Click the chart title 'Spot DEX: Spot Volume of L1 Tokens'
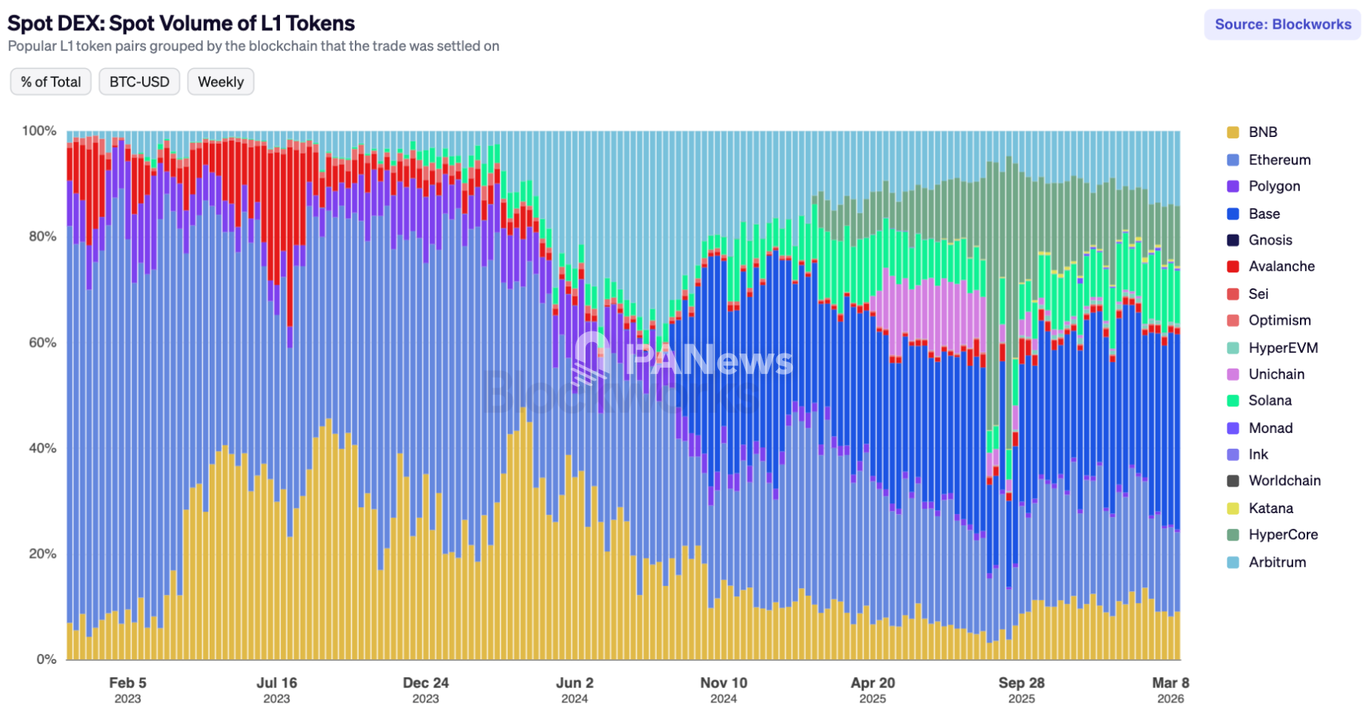181,23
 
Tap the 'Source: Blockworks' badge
1282,24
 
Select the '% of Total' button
51,82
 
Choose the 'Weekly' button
220,82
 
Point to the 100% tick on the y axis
39,131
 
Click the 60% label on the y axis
42,342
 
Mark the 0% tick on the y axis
46,659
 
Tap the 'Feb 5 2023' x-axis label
127,689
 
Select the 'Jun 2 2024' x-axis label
574,689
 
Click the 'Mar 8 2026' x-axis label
1171,689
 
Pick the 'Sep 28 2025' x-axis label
1021,689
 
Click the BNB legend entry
1262,132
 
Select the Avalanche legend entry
1281,266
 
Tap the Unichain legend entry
1276,374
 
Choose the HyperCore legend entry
1282,534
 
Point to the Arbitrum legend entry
1276,562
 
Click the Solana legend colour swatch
1233,401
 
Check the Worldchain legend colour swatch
1233,481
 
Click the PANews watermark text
709,360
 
